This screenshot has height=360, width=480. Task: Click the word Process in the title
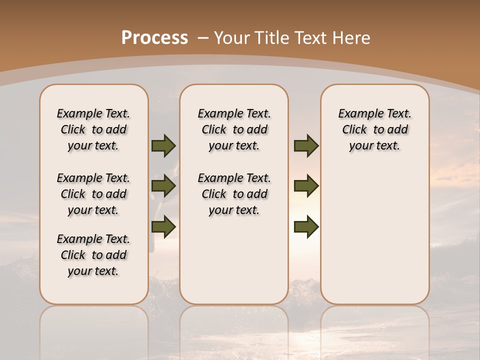[x=154, y=38]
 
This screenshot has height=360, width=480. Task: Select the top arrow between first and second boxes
[x=163, y=145]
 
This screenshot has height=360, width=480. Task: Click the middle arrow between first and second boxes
[x=163, y=186]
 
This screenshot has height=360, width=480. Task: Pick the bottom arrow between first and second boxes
[x=163, y=227]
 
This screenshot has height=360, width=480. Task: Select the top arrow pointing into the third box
[x=306, y=145]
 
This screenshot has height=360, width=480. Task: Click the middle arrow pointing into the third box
[x=306, y=186]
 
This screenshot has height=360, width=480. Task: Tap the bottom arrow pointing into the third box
[x=306, y=227]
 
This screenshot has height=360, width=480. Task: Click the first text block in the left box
[x=93, y=129]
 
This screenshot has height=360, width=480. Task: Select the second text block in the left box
[x=93, y=194]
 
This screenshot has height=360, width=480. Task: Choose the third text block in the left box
[x=93, y=255]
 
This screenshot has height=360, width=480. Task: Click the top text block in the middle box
[x=234, y=129]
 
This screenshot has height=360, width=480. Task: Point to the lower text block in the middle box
[x=234, y=194]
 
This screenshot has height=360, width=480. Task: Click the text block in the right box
[x=374, y=129]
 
